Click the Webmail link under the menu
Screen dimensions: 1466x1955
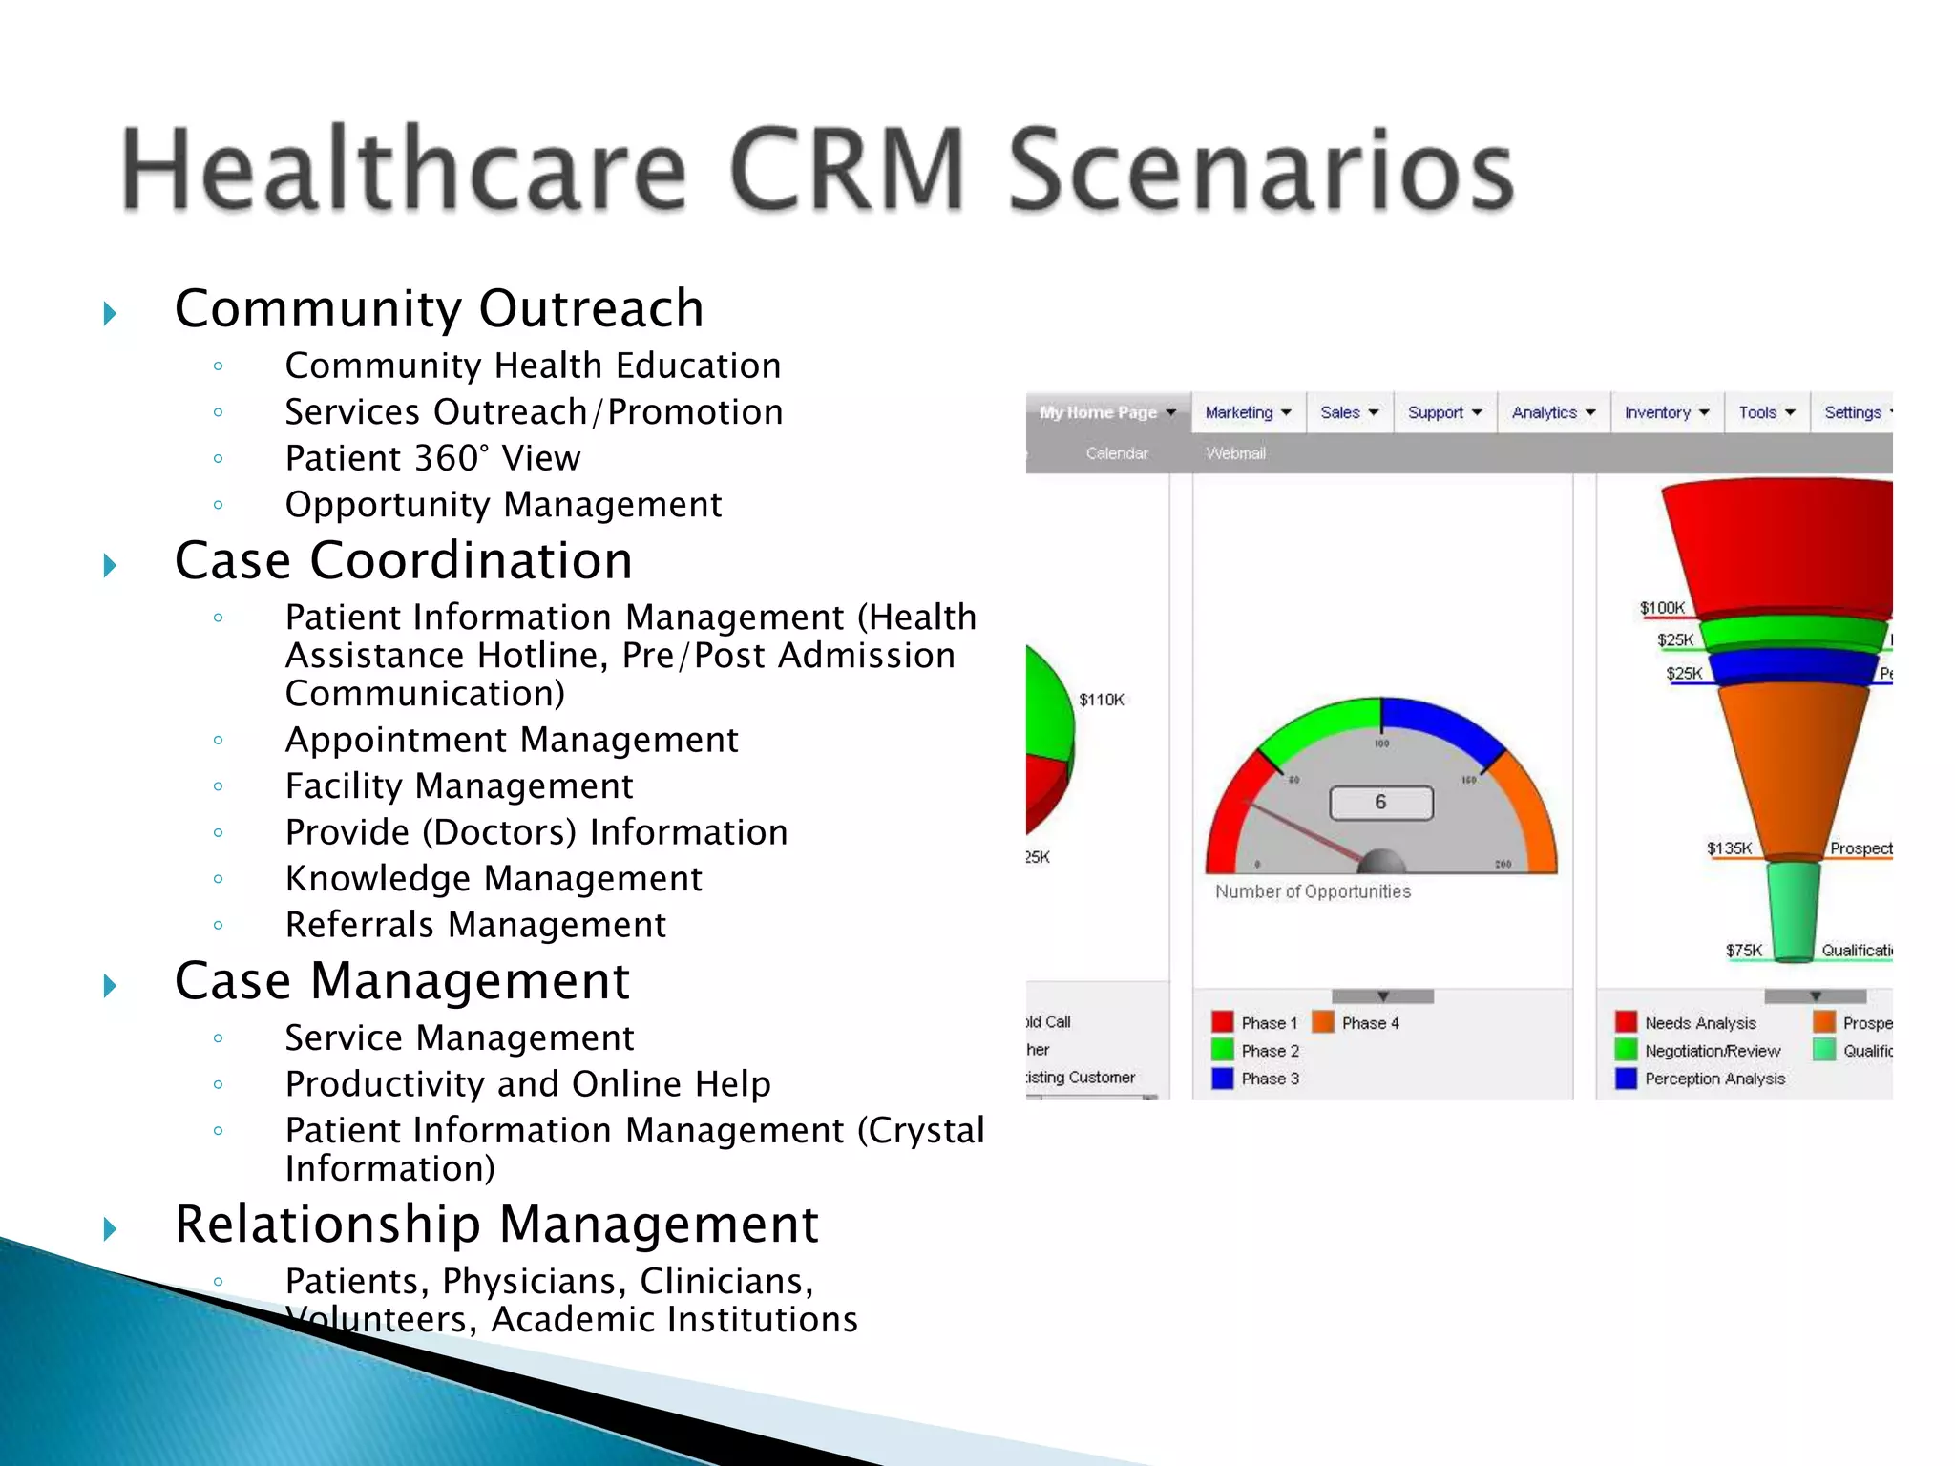click(x=1235, y=453)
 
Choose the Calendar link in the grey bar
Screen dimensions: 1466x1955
click(x=1116, y=453)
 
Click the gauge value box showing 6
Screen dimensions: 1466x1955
click(x=1380, y=803)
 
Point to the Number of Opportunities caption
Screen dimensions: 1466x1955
click(x=1313, y=891)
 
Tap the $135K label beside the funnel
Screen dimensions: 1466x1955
click(x=1729, y=848)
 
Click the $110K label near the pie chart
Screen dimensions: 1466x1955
click(x=1101, y=700)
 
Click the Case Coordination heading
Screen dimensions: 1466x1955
click(x=404, y=560)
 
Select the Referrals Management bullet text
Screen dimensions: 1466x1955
click(x=475, y=925)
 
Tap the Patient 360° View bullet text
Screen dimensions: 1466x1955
click(x=432, y=458)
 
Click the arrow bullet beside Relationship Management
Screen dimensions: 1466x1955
click(x=110, y=1228)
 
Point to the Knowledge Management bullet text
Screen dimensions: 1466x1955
click(x=494, y=879)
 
